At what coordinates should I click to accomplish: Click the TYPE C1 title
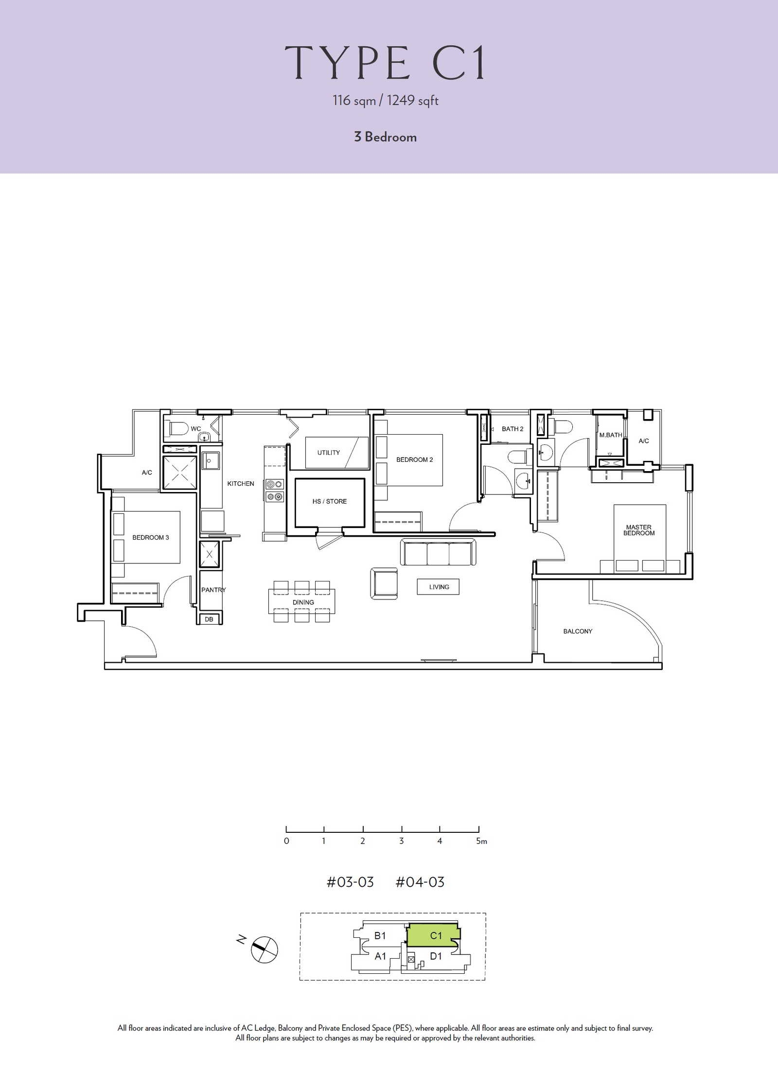point(385,63)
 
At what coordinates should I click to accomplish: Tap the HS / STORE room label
point(330,501)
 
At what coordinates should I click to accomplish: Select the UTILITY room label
point(329,453)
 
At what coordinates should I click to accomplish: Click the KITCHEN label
point(241,484)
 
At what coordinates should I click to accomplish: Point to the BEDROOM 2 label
point(414,459)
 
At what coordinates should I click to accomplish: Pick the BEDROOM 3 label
point(151,537)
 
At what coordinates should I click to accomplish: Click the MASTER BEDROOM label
point(639,530)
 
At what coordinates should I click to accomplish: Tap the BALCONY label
point(578,631)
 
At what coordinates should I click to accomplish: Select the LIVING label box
point(438,587)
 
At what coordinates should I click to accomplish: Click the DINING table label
point(303,602)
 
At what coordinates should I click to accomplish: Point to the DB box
point(209,619)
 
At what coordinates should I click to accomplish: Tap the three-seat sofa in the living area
point(438,552)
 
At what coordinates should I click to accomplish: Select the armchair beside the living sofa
point(384,584)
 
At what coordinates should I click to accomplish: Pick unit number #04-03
point(420,882)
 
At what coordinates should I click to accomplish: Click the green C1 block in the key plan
point(433,935)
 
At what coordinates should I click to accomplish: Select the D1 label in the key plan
point(436,956)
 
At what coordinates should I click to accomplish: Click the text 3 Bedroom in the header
point(385,137)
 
